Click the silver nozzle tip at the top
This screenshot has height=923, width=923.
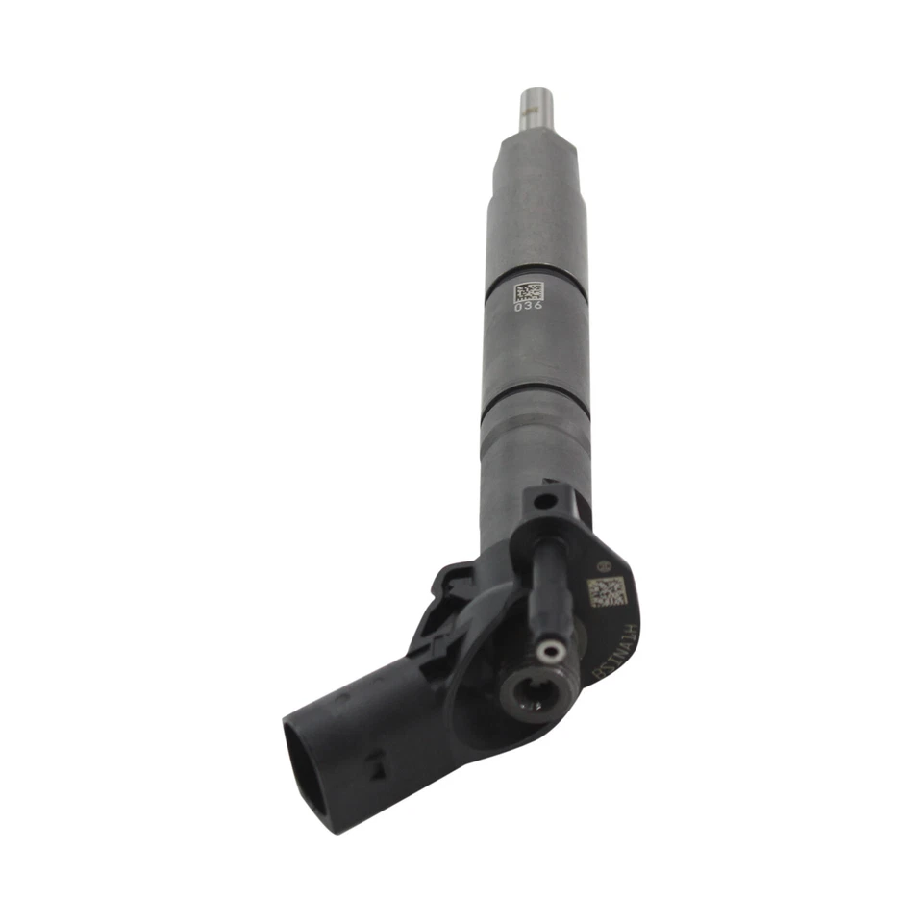click(x=535, y=109)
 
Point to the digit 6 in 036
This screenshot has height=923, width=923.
click(x=536, y=308)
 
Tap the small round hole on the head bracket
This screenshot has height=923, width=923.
click(x=545, y=501)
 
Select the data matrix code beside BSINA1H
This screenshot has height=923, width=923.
click(x=607, y=590)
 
